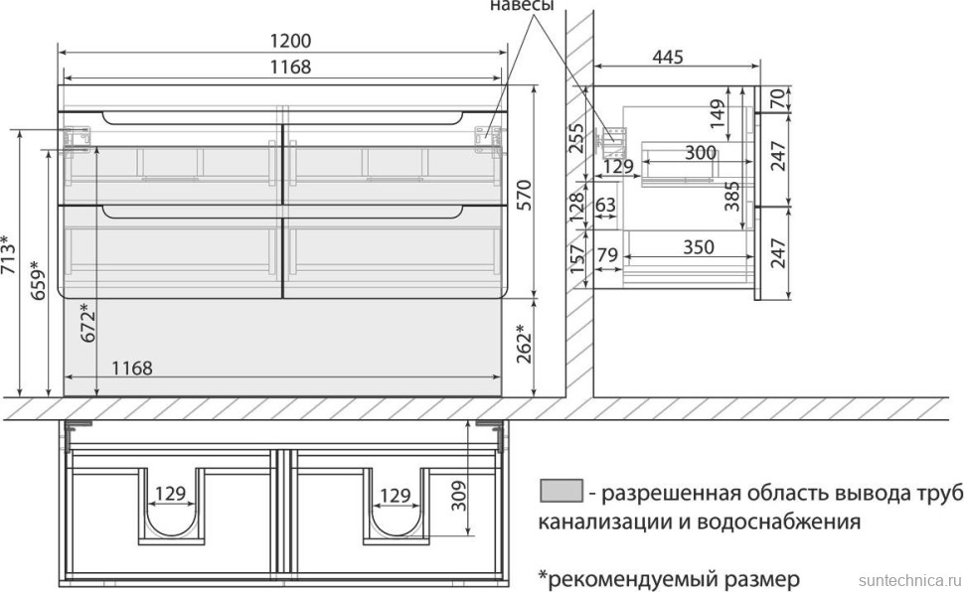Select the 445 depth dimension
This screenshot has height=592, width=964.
click(x=668, y=58)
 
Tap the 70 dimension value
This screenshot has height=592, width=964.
click(x=777, y=97)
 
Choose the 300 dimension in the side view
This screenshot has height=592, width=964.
click(x=700, y=153)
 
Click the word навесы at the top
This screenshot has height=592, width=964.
click(x=521, y=7)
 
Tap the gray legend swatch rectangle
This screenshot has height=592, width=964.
click(x=560, y=491)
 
